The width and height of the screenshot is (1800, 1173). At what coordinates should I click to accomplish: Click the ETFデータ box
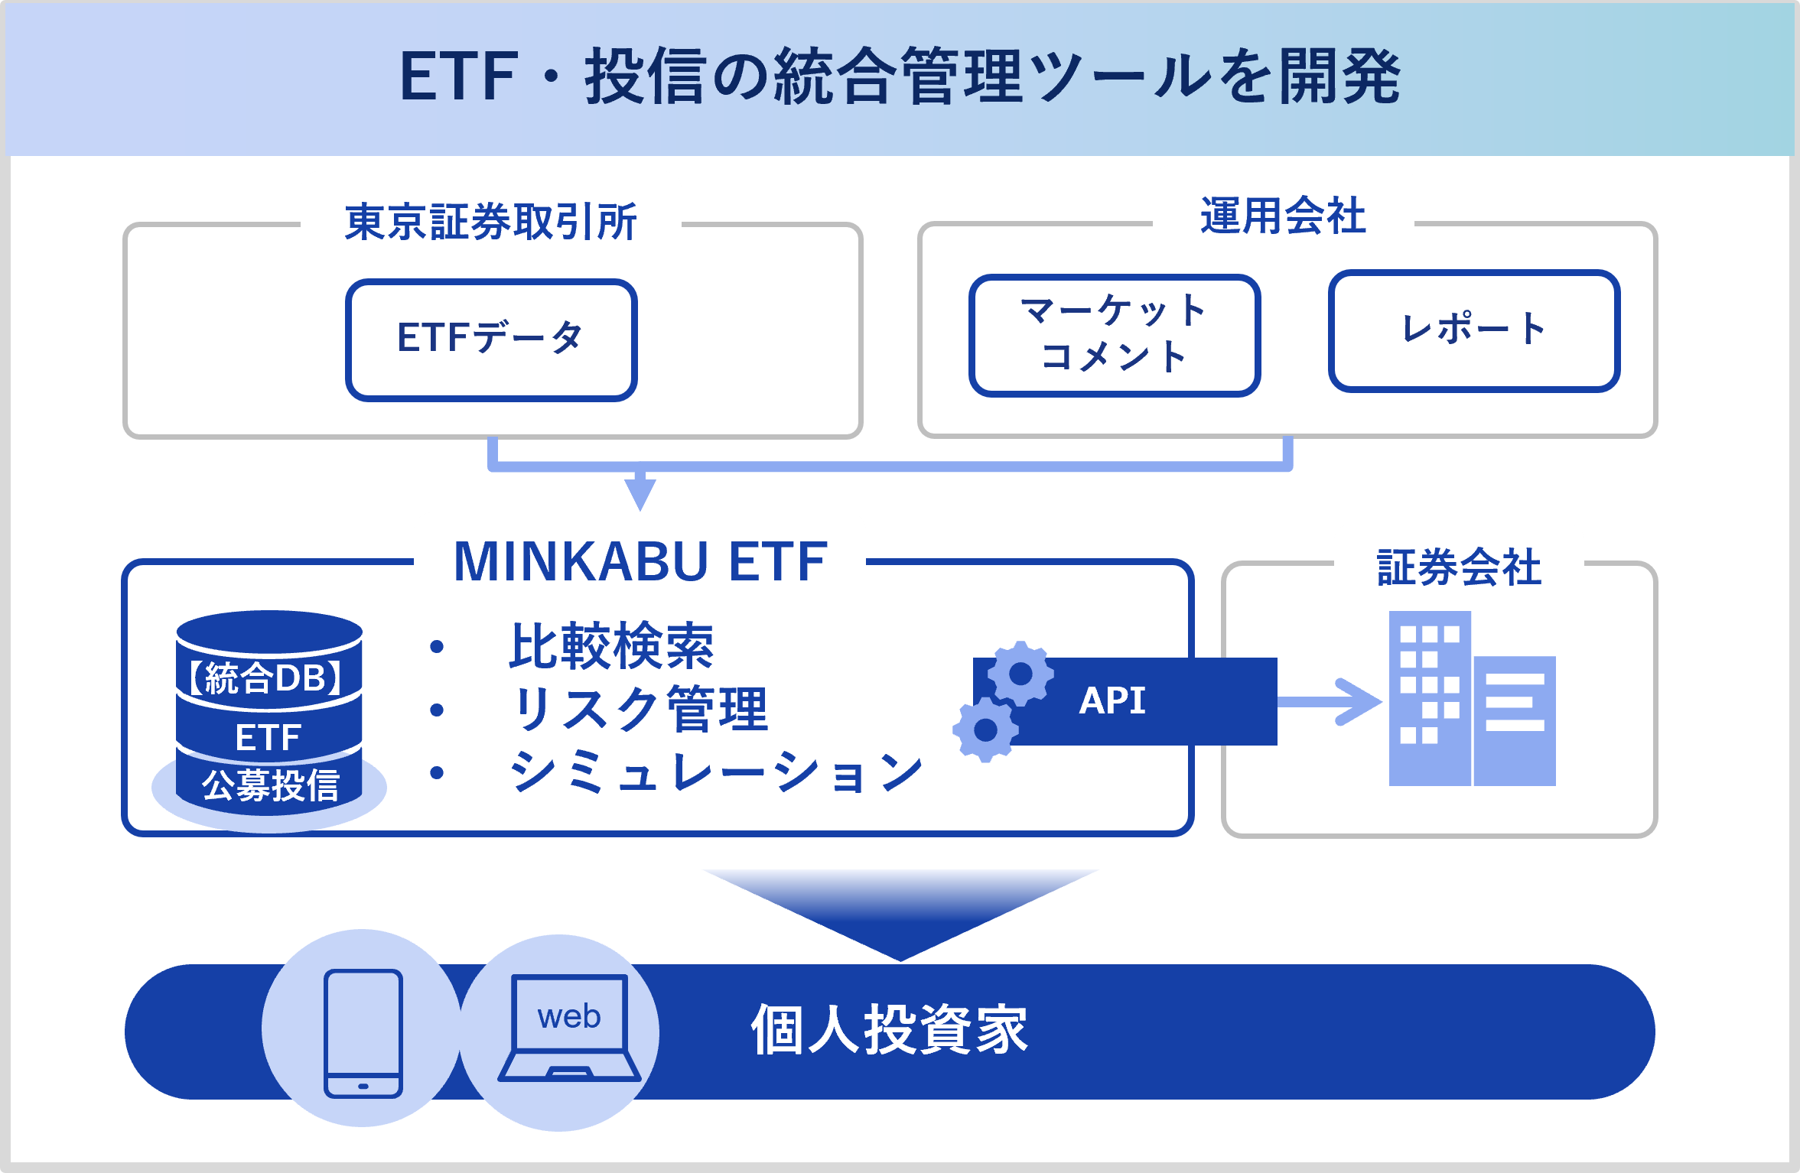pos(491,340)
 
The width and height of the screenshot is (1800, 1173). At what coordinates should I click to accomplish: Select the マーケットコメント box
pos(1114,335)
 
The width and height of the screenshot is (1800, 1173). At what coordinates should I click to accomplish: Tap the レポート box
pos(1474,330)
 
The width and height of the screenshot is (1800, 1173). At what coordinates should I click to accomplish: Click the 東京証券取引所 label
pos(490,223)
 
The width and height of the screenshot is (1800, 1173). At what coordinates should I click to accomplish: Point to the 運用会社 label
pos(1283,216)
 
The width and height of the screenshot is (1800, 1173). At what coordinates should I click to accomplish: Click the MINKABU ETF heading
pos(640,562)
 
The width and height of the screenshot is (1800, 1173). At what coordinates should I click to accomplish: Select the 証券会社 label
pos(1459,567)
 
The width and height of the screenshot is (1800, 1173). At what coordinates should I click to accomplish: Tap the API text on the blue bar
pos(1112,700)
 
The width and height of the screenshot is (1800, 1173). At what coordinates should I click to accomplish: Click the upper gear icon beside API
pos(1020,674)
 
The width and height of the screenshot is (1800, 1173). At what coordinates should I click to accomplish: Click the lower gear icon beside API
pos(985,729)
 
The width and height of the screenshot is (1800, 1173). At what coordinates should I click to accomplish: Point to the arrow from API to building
pos(1331,701)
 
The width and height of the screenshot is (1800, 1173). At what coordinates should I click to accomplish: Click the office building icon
pos(1472,699)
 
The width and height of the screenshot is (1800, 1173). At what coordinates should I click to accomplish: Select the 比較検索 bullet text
pos(610,647)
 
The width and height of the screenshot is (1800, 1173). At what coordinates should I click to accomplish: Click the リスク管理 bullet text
pos(640,710)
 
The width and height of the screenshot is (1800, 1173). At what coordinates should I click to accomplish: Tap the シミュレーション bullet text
pos(716,772)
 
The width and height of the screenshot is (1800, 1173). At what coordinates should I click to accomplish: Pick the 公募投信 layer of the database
pos(270,786)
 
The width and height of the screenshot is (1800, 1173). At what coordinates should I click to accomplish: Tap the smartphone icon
pos(363,1033)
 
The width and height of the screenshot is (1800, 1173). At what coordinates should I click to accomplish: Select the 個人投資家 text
pos(890,1031)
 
